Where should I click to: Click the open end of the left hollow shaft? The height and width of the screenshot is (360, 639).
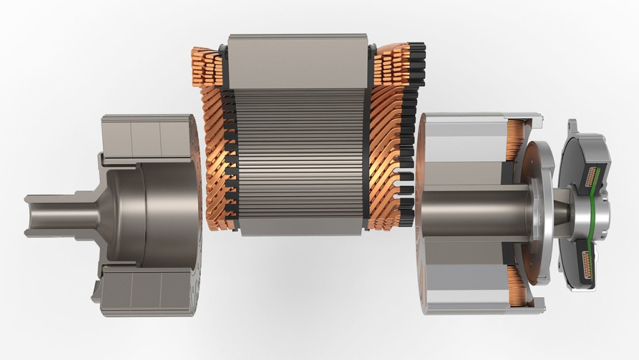tap(30, 216)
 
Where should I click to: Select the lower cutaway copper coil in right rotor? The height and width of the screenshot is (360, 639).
tap(518, 285)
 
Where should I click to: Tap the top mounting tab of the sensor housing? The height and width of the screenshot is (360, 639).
tap(573, 126)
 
